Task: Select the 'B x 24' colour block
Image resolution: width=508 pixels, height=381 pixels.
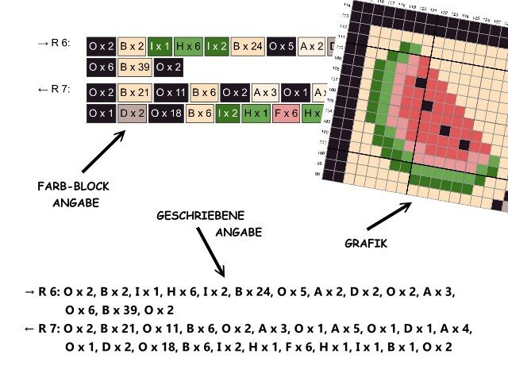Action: pyautogui.click(x=248, y=47)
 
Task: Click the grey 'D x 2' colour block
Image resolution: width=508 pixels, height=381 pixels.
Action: pyautogui.click(x=131, y=114)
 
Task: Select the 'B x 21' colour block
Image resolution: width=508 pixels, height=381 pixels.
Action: pyautogui.click(x=135, y=93)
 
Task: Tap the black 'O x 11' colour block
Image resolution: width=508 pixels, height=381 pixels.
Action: pyautogui.click(x=171, y=93)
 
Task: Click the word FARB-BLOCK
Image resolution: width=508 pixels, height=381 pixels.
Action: pyautogui.click(x=73, y=187)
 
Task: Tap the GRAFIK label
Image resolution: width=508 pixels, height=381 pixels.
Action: pyautogui.click(x=367, y=244)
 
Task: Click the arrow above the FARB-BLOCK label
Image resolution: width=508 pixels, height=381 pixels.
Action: pyautogui.click(x=103, y=151)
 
